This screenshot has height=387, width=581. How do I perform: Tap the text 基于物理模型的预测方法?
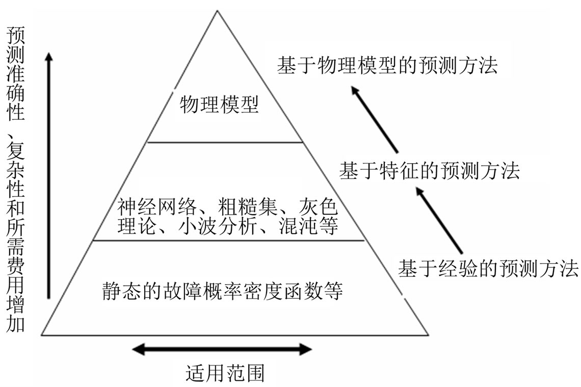387,66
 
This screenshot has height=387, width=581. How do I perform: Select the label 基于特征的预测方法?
429,170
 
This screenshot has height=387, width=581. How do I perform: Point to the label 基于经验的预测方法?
488,268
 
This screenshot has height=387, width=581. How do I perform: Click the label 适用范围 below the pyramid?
225,373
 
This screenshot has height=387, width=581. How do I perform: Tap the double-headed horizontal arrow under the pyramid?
222,349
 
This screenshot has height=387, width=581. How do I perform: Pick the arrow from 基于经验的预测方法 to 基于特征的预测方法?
439,220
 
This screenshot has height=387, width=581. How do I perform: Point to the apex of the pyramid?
218,11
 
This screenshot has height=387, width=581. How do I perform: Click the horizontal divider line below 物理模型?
224,142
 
